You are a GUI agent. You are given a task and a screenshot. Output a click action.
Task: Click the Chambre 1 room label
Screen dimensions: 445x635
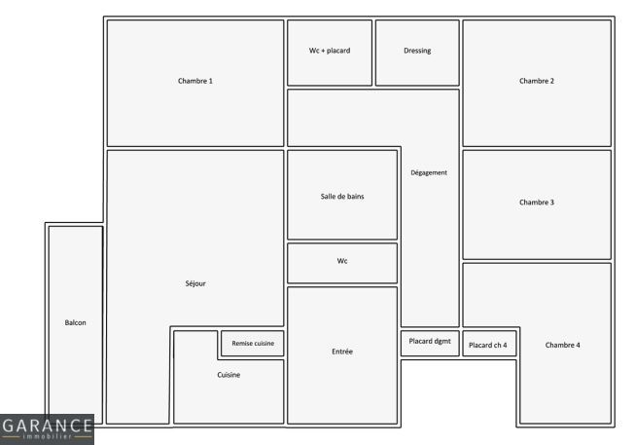pyautogui.click(x=194, y=81)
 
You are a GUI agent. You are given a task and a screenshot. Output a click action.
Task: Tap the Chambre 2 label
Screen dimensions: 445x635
pyautogui.click(x=537, y=81)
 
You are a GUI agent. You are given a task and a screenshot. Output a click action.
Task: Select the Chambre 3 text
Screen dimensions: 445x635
pyautogui.click(x=537, y=203)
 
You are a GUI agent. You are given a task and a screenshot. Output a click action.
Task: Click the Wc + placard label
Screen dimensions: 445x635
pyautogui.click(x=329, y=51)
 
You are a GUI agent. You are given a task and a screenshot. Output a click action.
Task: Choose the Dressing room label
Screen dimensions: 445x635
pyautogui.click(x=417, y=51)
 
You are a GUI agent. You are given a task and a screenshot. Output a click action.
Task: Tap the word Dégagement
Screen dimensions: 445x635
pyautogui.click(x=429, y=173)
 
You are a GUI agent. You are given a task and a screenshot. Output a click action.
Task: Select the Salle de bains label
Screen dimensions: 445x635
pyautogui.click(x=342, y=197)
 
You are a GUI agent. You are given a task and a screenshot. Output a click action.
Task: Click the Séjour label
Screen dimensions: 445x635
pyautogui.click(x=194, y=283)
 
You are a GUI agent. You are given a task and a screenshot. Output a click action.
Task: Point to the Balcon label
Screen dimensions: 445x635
pyautogui.click(x=75, y=322)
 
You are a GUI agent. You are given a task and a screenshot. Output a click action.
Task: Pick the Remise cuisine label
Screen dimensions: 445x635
pyautogui.click(x=253, y=344)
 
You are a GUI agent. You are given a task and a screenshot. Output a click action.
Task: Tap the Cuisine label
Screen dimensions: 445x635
pyautogui.click(x=229, y=375)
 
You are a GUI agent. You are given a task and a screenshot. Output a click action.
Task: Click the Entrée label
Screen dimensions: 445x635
pyautogui.click(x=342, y=351)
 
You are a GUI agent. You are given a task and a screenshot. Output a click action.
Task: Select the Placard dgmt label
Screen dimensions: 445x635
pyautogui.click(x=430, y=341)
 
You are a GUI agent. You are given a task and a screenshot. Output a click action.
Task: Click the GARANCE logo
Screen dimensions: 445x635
pyautogui.click(x=47, y=428)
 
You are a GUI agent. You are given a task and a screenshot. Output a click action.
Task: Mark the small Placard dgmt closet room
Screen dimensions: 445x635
pyautogui.click(x=430, y=349)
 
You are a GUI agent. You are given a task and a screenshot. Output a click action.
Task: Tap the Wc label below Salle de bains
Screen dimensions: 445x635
pyautogui.click(x=342, y=261)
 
